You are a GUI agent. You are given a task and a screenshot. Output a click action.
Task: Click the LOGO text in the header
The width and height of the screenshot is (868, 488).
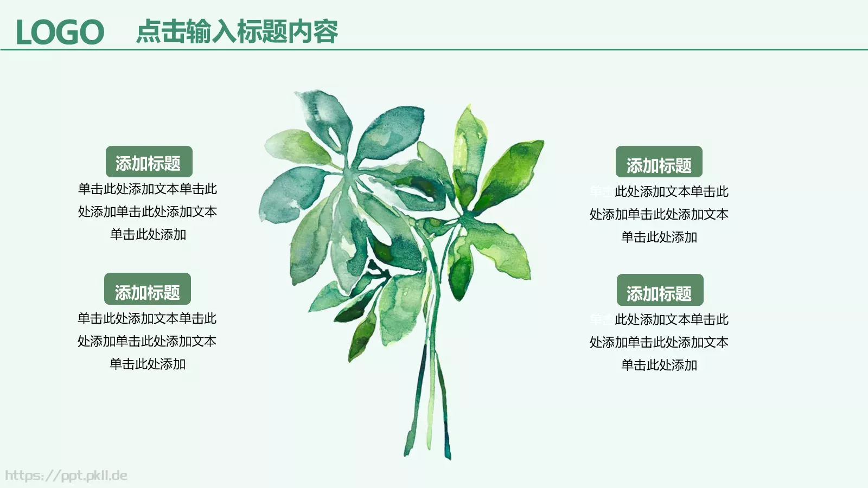click(60, 32)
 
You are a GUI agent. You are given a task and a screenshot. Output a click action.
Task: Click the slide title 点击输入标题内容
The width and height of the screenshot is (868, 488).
click(237, 31)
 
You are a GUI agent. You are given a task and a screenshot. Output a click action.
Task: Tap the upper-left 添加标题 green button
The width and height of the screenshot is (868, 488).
click(149, 162)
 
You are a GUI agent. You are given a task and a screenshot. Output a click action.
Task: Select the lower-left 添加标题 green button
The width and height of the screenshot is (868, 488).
click(147, 289)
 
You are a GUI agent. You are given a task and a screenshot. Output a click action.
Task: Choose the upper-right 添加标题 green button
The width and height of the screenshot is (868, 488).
click(659, 162)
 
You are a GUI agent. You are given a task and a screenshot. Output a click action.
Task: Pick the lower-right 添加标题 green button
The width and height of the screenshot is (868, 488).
click(660, 290)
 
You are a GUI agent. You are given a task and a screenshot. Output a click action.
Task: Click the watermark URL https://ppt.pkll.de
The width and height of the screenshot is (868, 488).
click(66, 476)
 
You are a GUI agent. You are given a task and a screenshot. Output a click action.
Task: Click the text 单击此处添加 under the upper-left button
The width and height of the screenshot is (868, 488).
click(148, 235)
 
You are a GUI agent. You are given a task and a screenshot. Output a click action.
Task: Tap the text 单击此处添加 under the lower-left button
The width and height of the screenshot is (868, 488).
click(148, 364)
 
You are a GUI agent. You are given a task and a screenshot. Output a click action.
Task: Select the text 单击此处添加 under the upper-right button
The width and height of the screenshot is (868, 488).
click(659, 237)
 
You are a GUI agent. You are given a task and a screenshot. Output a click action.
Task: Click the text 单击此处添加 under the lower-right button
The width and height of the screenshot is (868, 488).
click(659, 365)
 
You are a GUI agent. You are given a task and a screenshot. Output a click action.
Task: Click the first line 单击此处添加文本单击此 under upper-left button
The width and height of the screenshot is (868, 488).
click(148, 189)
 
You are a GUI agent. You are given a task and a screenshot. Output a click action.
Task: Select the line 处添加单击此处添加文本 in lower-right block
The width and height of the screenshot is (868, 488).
click(659, 342)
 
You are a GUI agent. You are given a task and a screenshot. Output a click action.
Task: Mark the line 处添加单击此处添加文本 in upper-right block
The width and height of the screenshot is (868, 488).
click(659, 214)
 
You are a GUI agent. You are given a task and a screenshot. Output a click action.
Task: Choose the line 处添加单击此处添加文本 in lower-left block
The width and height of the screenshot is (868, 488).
click(147, 341)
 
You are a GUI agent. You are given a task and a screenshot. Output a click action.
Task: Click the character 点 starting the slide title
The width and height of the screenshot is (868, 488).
click(148, 31)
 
